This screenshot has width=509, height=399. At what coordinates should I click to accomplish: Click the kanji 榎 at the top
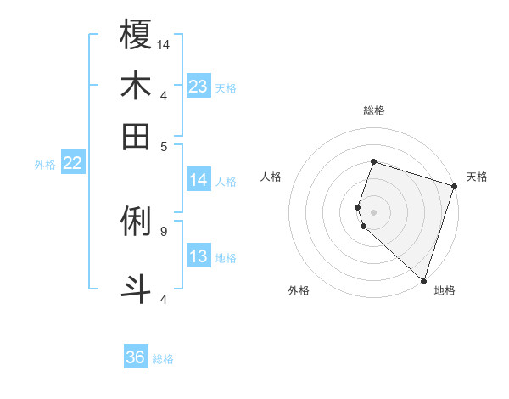tap(136, 36)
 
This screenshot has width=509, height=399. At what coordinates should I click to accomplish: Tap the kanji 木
tap(136, 87)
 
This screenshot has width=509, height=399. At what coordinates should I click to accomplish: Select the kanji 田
tap(136, 136)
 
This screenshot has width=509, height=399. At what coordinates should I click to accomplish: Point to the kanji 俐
tap(136, 222)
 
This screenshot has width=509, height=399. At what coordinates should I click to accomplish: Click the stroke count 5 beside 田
tap(163, 145)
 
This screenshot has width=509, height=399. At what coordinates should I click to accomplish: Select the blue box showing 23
tap(199, 87)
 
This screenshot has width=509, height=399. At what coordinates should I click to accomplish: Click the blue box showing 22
tap(72, 164)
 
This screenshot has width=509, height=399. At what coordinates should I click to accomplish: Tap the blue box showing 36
tap(136, 357)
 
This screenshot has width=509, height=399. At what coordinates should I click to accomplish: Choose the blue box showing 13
tap(199, 257)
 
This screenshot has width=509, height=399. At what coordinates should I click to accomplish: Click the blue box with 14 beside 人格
tap(199, 180)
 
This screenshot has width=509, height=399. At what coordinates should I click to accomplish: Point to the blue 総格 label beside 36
tap(163, 359)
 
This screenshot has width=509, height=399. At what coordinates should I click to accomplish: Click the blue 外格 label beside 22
tap(45, 165)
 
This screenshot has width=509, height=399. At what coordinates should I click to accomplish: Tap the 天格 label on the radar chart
tap(477, 177)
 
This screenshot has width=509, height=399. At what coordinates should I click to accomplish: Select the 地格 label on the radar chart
tap(445, 290)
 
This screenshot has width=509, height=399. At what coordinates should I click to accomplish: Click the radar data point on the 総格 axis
tap(373, 161)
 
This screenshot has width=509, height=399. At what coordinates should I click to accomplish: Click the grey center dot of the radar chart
tap(373, 211)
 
